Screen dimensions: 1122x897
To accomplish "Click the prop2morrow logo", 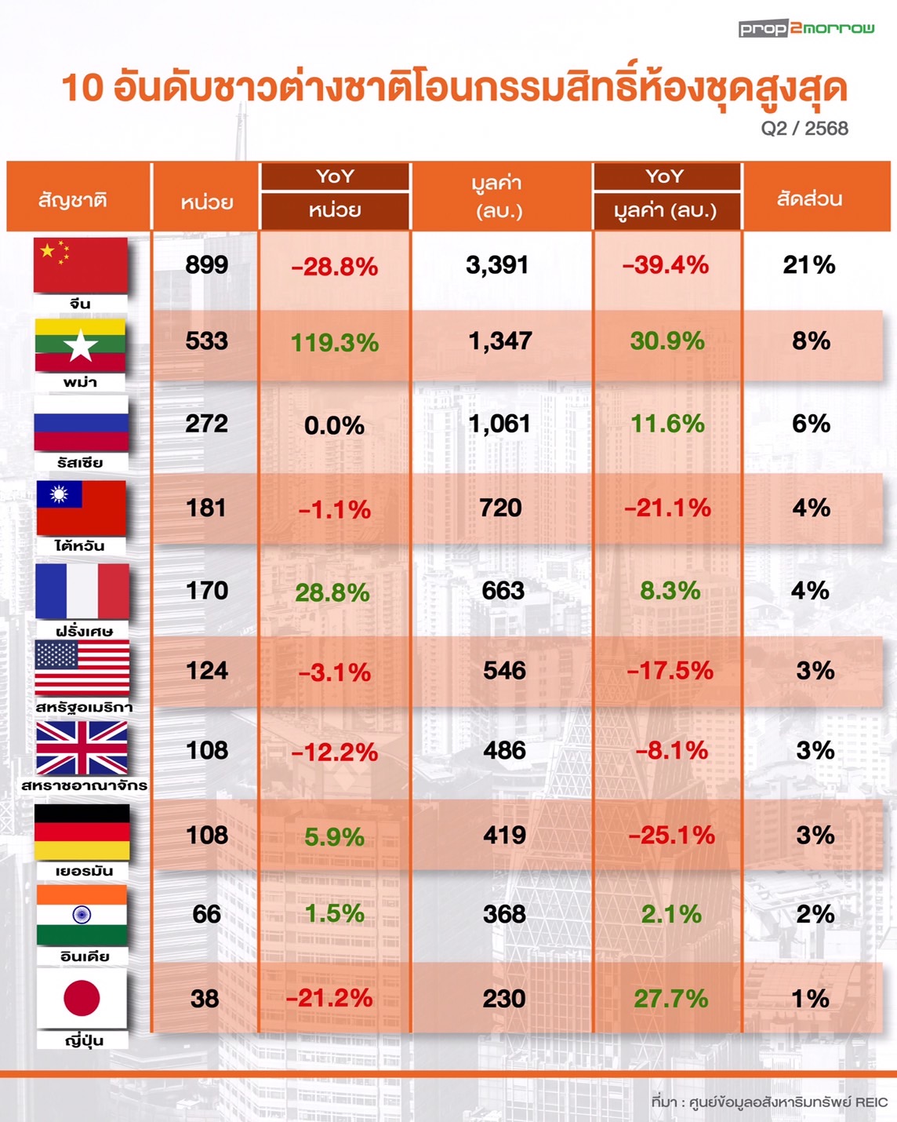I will (x=806, y=29).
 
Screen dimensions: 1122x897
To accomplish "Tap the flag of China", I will (x=80, y=264).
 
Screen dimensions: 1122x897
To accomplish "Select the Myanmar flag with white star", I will (x=80, y=345).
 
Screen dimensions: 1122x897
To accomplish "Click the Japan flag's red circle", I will (x=82, y=998).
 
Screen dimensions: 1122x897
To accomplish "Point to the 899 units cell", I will (x=206, y=265).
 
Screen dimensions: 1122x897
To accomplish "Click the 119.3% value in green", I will (x=335, y=343).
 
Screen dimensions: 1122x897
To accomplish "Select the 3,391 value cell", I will (x=497, y=265).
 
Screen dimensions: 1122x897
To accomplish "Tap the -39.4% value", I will (x=666, y=265).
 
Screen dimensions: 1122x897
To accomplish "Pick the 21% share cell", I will (x=809, y=265).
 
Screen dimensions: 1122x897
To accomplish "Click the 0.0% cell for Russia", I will (x=335, y=426).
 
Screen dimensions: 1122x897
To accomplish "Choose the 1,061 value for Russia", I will (x=499, y=424).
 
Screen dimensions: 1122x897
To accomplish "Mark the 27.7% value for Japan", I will (x=670, y=999).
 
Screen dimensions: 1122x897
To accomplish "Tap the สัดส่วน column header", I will (x=809, y=199).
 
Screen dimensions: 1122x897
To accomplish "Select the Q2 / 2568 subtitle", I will (x=804, y=129).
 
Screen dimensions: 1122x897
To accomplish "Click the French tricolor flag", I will (x=82, y=591).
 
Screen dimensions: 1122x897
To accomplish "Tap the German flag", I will (x=82, y=832).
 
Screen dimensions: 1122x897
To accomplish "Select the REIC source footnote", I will (x=769, y=1102).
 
